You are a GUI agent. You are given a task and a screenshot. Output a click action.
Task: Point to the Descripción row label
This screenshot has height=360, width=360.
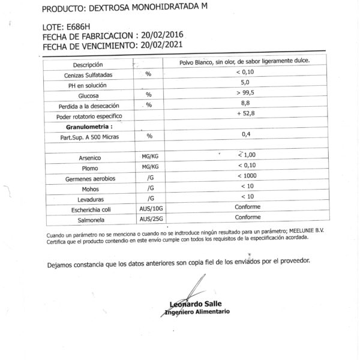[88, 64]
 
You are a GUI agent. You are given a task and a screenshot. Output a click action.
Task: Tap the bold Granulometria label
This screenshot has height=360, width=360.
[90, 127]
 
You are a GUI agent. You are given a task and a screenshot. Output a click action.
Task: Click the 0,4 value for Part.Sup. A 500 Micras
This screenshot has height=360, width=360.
[245, 134]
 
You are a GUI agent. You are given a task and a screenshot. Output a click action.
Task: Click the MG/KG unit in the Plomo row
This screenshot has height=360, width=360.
[146, 166]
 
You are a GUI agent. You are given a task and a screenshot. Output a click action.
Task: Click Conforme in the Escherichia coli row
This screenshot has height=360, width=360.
[247, 206]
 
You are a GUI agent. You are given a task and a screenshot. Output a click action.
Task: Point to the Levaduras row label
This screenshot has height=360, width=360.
[88, 199]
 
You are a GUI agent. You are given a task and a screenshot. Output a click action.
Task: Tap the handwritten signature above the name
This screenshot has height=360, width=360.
[192, 288]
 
